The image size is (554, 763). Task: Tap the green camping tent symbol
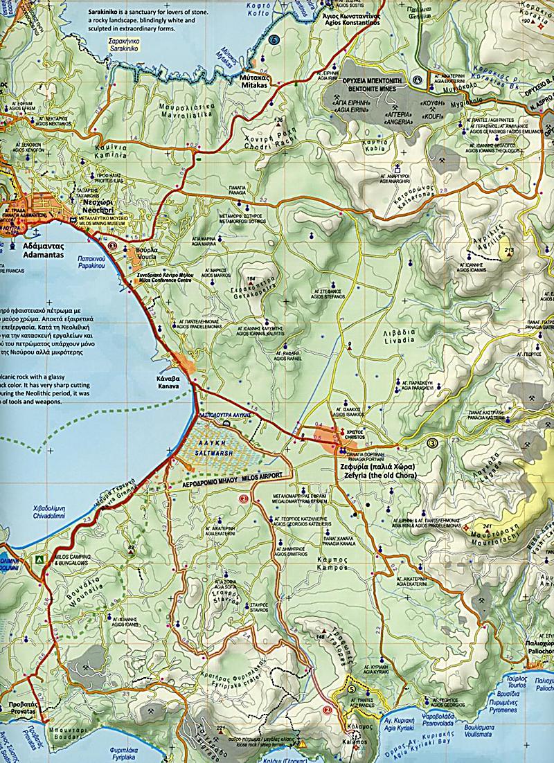pos(39,557)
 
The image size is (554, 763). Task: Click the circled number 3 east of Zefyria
pos(434,442)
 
